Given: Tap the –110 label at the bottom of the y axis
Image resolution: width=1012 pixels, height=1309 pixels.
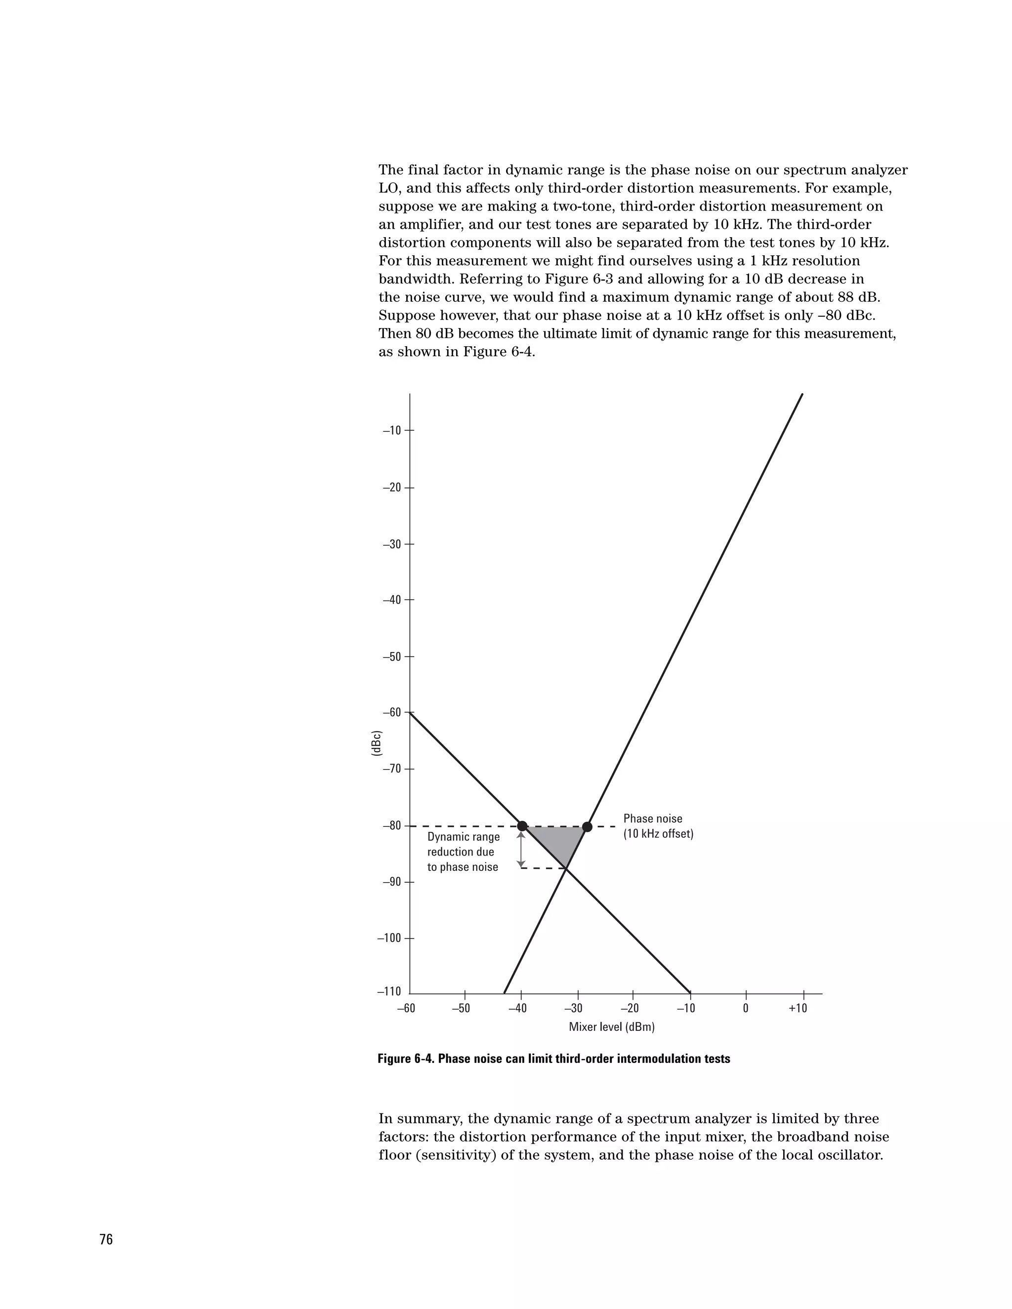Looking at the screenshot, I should pyautogui.click(x=389, y=992).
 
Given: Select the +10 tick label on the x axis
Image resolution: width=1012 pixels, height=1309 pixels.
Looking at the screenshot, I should pyautogui.click(x=798, y=1008).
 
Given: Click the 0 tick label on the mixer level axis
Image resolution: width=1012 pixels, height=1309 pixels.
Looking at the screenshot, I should pyautogui.click(x=745, y=1008).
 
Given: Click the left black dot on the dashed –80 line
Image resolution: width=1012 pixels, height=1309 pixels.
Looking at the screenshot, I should pyautogui.click(x=522, y=826).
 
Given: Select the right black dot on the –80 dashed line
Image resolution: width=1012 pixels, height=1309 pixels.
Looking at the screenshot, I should pyautogui.click(x=587, y=826).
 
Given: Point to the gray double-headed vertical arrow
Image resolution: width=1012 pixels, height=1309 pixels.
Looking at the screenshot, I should pyautogui.click(x=520, y=848).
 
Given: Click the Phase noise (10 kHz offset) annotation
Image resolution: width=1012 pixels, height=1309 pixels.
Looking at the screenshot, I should pyautogui.click(x=658, y=826).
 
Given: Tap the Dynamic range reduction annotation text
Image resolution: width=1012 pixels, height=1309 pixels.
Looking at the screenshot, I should pyautogui.click(x=463, y=852).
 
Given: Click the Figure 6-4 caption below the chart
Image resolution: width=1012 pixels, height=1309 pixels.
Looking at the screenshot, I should pyautogui.click(x=553, y=1059).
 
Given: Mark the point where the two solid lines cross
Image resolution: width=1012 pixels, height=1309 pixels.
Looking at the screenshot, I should pyautogui.click(x=566, y=868).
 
